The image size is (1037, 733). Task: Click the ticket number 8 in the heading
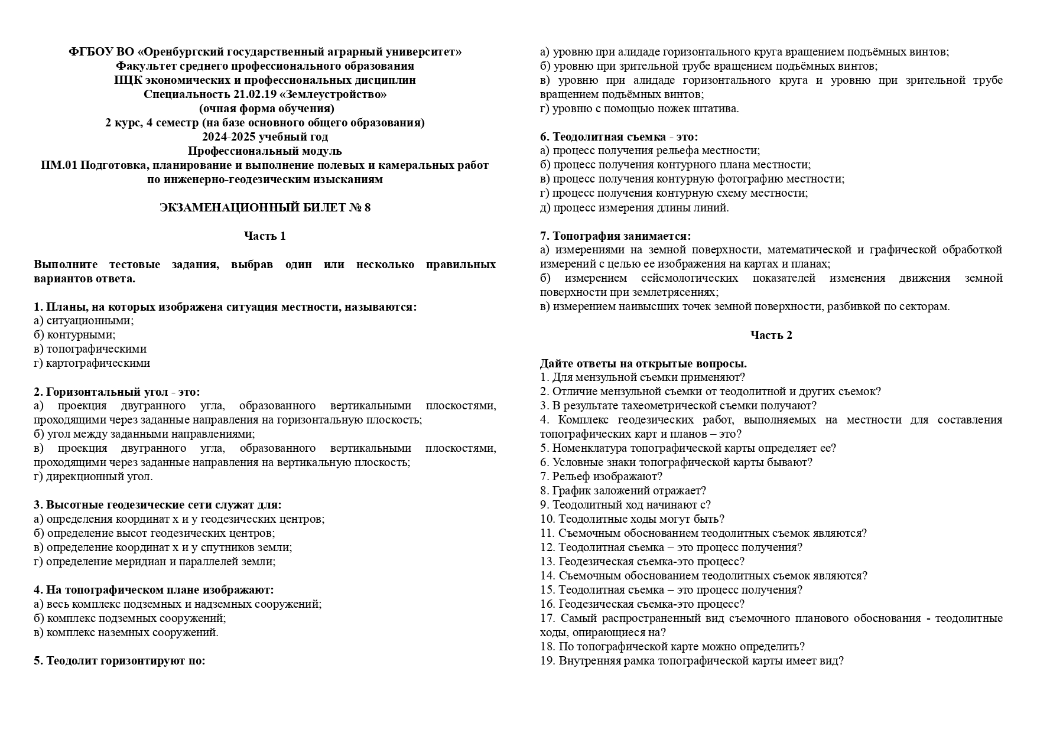[368, 208]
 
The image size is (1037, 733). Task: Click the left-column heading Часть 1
[265, 236]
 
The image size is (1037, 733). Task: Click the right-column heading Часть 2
[771, 335]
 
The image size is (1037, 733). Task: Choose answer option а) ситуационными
[84, 321]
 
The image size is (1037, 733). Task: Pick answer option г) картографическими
[92, 363]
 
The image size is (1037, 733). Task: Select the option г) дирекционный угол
[93, 477]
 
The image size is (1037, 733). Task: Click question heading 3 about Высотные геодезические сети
[158, 505]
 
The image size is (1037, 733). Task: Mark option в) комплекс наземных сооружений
[126, 633]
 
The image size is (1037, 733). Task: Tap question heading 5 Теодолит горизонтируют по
[120, 661]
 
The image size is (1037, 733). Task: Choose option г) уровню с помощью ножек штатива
[639, 109]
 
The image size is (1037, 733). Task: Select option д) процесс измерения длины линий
[635, 208]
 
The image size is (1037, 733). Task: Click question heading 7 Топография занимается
[615, 236]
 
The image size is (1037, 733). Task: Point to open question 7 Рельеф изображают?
[601, 477]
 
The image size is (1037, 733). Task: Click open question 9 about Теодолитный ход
[625, 505]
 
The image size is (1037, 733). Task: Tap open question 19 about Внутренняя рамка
[692, 661]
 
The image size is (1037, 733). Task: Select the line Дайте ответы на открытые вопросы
[643, 364]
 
